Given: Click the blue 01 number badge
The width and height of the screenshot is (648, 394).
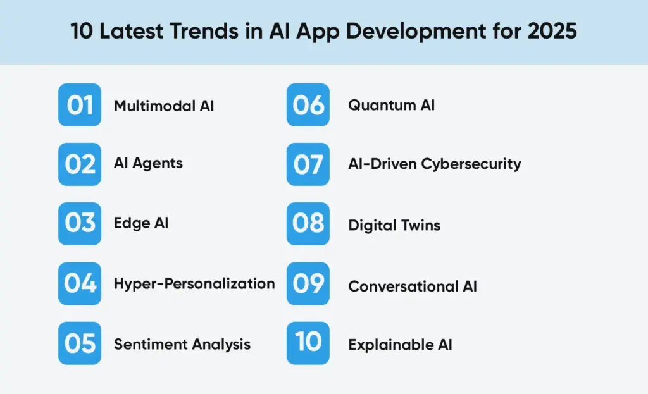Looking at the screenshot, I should pyautogui.click(x=80, y=105).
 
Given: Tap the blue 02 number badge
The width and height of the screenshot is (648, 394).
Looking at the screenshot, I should pyautogui.click(x=80, y=164).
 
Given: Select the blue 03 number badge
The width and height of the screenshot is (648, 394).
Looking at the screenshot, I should pyautogui.click(x=80, y=224).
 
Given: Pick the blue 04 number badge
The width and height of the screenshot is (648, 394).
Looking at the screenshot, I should pyautogui.click(x=80, y=283).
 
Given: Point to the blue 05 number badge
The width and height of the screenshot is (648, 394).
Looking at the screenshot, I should pyautogui.click(x=80, y=343).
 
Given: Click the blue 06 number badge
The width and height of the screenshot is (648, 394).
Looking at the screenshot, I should pyautogui.click(x=308, y=105).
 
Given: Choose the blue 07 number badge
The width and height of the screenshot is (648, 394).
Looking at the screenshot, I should pyautogui.click(x=308, y=164).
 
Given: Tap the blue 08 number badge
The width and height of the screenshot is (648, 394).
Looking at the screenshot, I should pyautogui.click(x=308, y=224).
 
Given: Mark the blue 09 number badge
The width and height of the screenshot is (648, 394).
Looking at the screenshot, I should pyautogui.click(x=308, y=283).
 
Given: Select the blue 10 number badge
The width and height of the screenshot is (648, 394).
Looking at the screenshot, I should pyautogui.click(x=308, y=343).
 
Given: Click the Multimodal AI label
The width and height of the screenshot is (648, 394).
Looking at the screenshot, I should pyautogui.click(x=164, y=106).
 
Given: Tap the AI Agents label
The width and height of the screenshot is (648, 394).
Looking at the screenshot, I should pyautogui.click(x=148, y=163).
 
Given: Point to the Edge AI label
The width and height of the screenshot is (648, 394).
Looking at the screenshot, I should pyautogui.click(x=141, y=223).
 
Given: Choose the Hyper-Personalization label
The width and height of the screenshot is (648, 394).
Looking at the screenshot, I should pyautogui.click(x=194, y=283).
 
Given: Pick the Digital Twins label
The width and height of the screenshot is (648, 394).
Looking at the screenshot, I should pyautogui.click(x=394, y=225).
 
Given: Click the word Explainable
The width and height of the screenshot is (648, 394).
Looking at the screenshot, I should pyautogui.click(x=387, y=345).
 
